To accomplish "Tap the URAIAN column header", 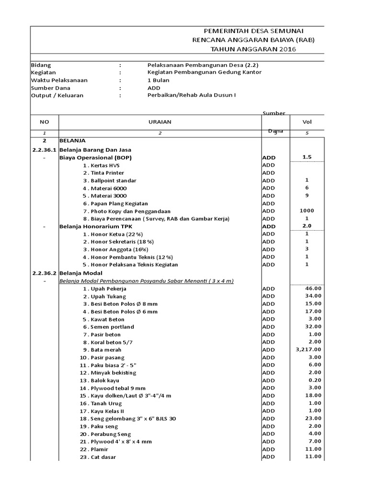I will point(160,122).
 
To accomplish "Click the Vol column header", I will point(307,122).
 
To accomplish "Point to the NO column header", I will point(44,122).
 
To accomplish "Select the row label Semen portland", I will point(108,327).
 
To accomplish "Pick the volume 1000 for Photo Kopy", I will point(307,211).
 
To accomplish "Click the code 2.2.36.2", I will point(44,272).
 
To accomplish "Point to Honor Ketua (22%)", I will point(113,234).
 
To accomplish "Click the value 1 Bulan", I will point(159,80).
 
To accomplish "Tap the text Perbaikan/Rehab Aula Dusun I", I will point(192,95).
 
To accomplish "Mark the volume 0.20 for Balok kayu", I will point(315,380).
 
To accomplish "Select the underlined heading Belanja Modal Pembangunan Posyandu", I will point(146,280).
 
